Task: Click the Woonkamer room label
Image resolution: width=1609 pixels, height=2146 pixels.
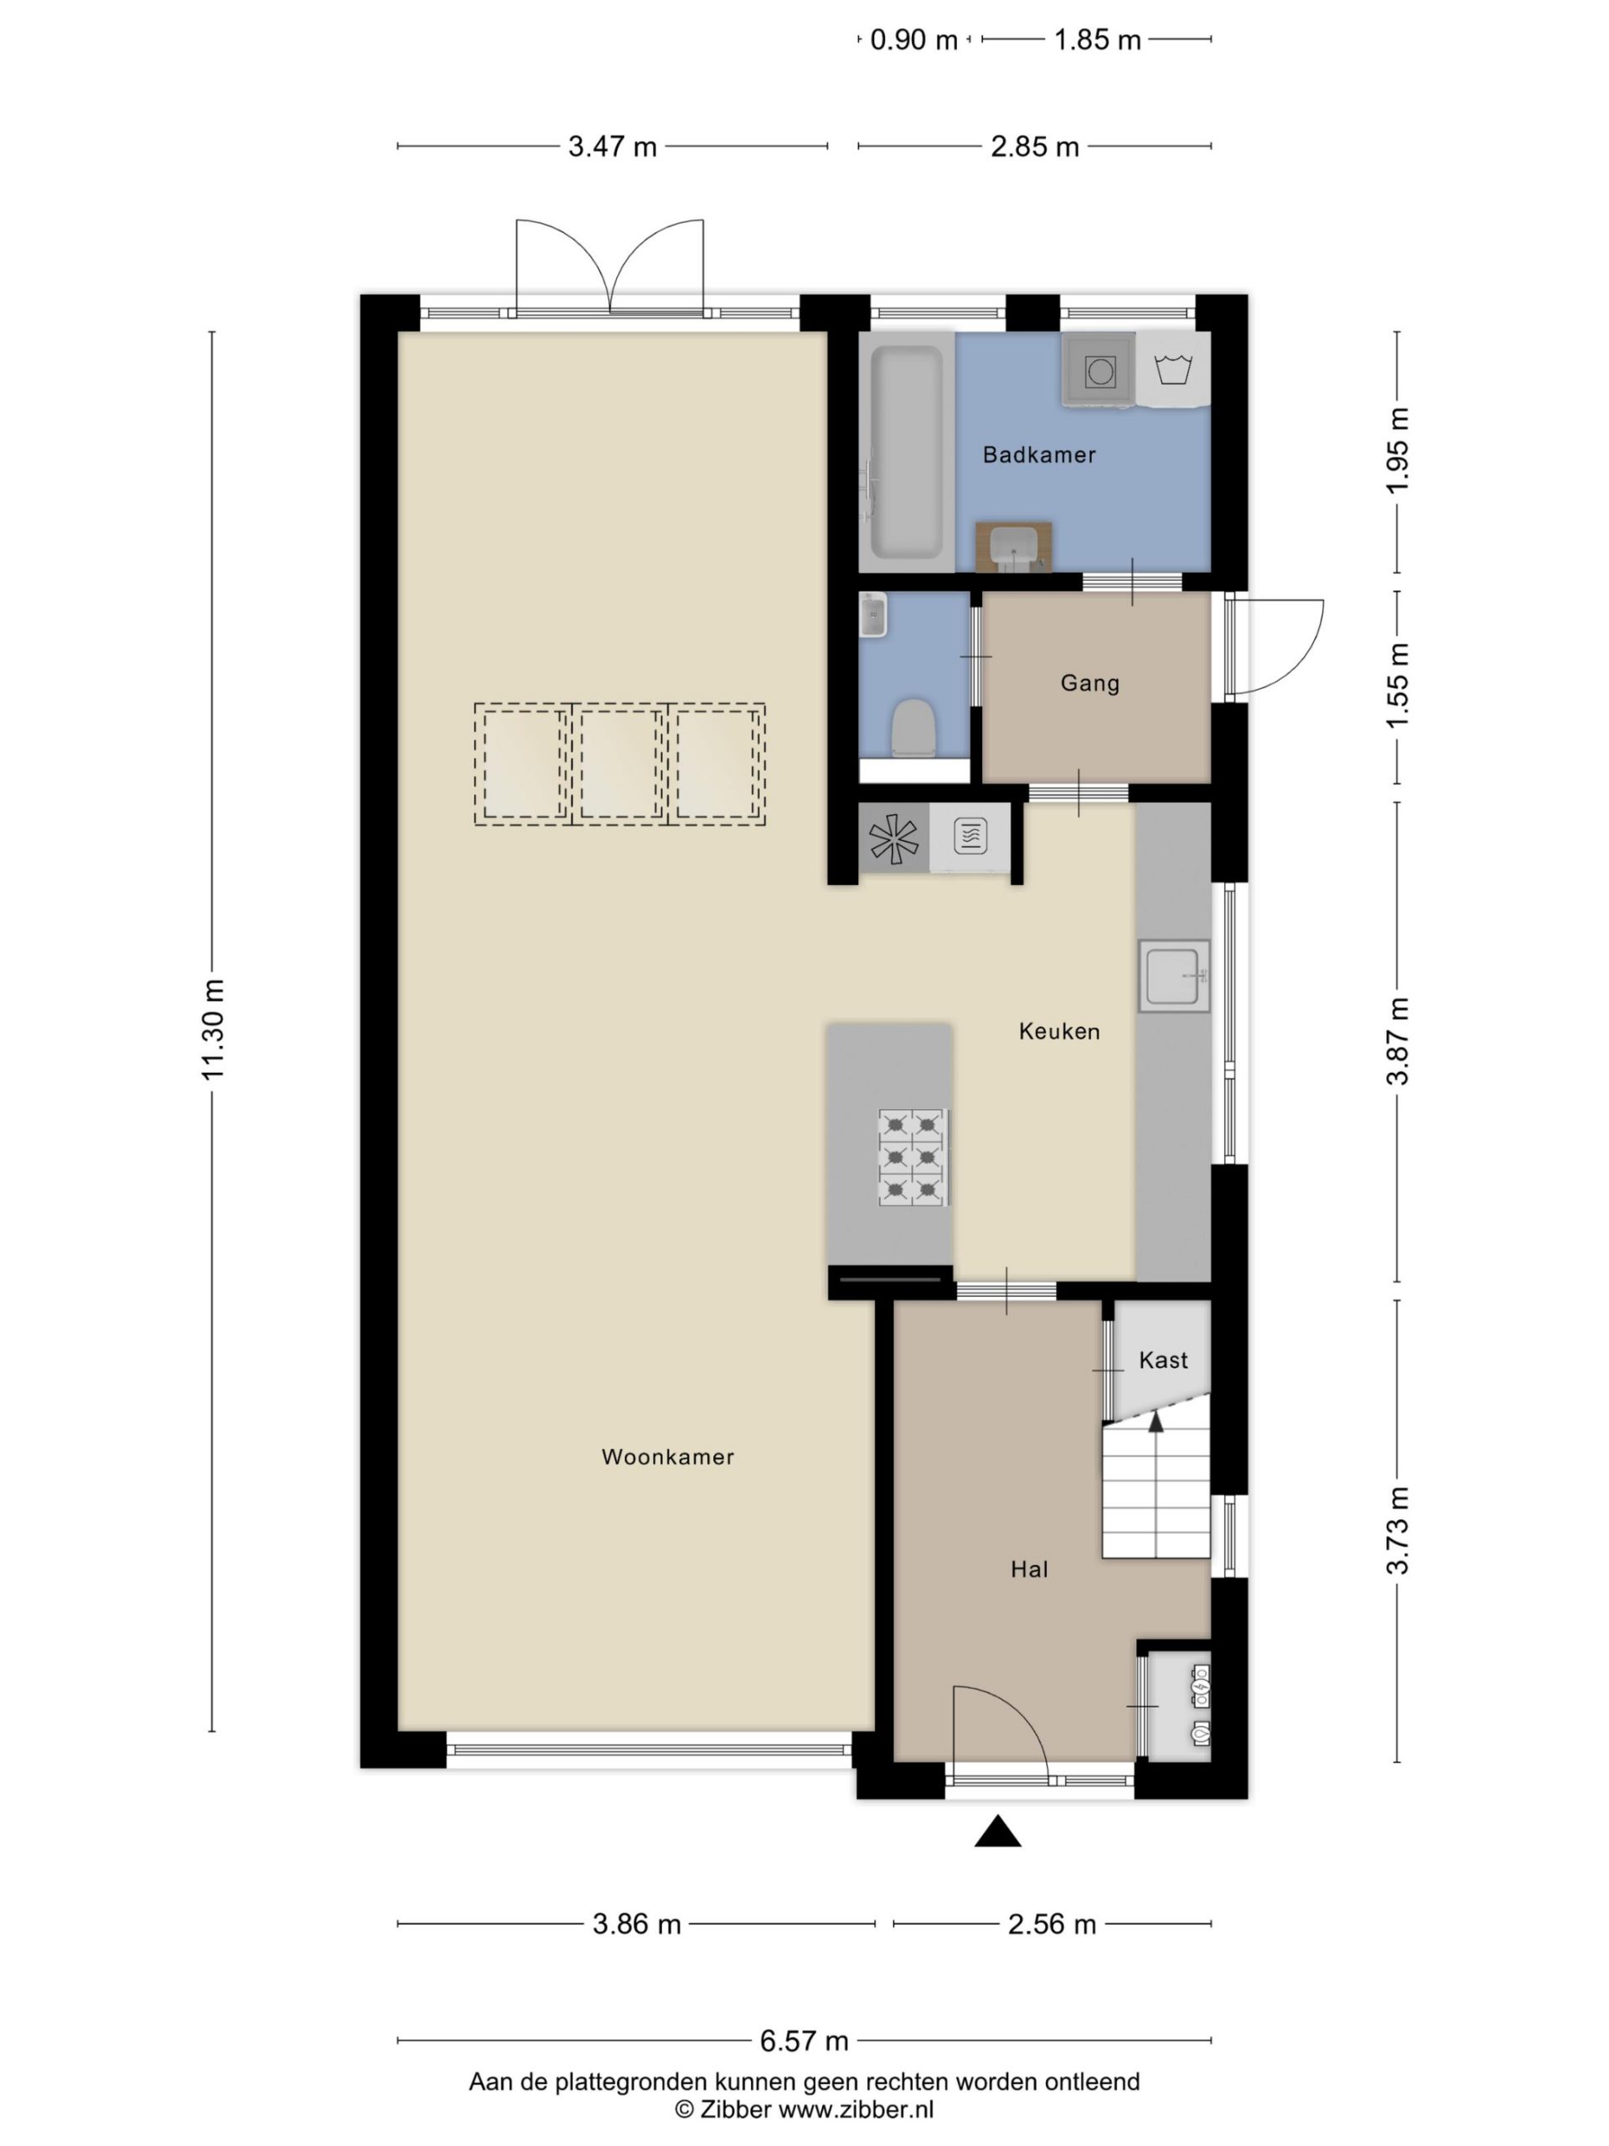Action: point(667,1456)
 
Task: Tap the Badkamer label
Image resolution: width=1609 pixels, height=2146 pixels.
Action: point(1038,454)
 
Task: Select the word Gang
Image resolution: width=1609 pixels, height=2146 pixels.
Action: point(1090,683)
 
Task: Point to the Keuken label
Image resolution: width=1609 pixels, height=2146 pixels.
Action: point(1059,1031)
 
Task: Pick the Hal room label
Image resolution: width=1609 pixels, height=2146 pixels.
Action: point(1029,1568)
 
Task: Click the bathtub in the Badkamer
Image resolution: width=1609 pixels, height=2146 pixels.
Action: point(906,453)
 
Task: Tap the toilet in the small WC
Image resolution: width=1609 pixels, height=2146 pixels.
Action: point(913,728)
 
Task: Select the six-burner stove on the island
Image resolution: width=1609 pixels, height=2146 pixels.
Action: point(913,1158)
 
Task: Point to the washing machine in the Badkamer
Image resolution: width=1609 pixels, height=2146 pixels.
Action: point(1099,370)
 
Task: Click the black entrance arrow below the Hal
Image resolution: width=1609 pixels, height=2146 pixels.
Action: point(998,1832)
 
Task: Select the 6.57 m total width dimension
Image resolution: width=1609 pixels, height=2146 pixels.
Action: point(804,2041)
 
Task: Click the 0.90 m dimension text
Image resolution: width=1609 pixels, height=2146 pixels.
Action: point(913,39)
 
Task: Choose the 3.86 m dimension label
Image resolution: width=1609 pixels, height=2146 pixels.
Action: point(637,1925)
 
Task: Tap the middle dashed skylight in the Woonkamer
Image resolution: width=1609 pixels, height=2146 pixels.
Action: point(620,765)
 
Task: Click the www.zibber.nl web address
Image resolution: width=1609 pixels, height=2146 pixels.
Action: point(856,2109)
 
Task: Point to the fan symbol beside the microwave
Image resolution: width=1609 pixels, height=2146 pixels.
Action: point(893,839)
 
